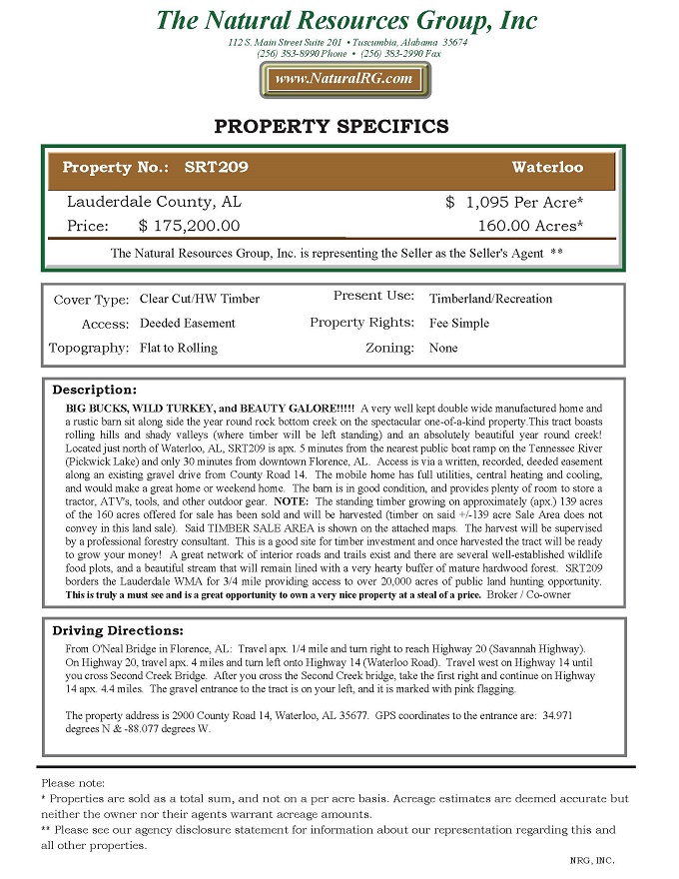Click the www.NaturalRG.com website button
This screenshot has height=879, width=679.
point(343,79)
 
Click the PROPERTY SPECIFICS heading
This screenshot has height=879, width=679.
point(332,127)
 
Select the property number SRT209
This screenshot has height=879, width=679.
point(217,168)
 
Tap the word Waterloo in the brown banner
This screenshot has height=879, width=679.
point(547,168)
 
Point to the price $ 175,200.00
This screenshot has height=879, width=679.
point(189,227)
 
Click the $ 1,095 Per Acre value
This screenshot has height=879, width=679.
point(514,203)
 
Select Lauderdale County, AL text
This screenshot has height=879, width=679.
point(154,202)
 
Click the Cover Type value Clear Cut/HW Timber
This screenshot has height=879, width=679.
point(200,299)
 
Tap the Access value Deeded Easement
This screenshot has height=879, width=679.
point(188,324)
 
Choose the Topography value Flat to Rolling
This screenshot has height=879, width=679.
point(179,349)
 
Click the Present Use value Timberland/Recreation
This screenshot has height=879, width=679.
point(490,299)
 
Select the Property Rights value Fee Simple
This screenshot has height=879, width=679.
point(459,324)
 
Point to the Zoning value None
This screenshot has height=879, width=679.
point(443,349)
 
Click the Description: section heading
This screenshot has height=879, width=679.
point(94,390)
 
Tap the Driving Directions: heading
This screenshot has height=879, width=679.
point(118,631)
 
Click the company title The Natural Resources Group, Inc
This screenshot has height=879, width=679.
point(346,20)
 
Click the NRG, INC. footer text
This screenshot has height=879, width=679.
point(592,860)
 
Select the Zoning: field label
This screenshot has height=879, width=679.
point(389,348)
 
